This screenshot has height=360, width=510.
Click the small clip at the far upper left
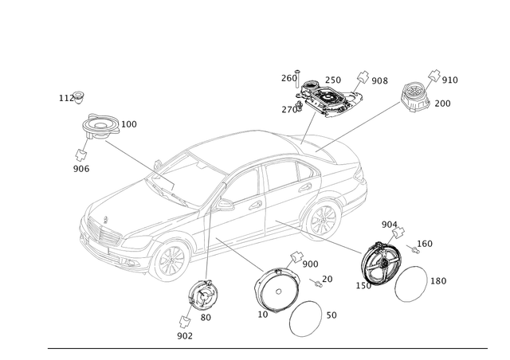pos(78,97)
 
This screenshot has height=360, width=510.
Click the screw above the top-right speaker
pos(436,75)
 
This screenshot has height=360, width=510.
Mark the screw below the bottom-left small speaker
pos(185,323)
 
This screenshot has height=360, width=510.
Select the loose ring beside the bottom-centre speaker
pos(306,319)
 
